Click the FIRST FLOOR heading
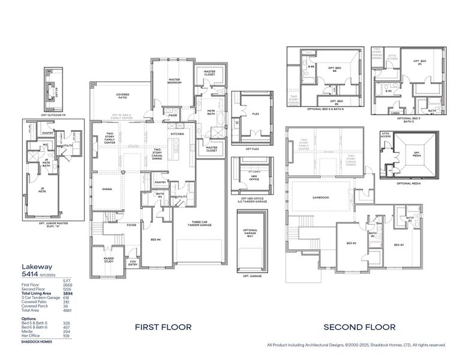163,327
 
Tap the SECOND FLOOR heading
359,327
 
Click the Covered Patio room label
122,95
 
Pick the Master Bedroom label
175,81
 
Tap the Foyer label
131,226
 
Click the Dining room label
107,189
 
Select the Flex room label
255,114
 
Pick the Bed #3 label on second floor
398,245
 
